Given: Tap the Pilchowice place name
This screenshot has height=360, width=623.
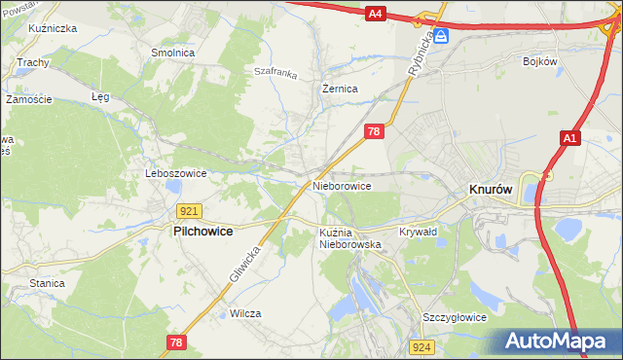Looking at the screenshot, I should pos(207,232).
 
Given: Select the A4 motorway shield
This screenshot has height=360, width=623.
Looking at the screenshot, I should pos(377,14).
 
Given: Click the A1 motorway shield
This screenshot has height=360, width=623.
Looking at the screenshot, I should pos(571,140).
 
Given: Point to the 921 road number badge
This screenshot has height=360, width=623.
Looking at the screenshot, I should pos(190,210).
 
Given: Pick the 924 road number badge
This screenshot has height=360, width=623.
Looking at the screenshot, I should pos(421,346).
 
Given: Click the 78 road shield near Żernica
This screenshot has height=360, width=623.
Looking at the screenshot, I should pos(374,130).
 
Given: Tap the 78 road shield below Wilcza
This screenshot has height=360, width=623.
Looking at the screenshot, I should pos(175,342).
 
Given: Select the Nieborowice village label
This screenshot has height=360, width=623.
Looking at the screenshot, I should pos(342,185).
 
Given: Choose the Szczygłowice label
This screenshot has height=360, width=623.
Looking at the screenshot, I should pos(454,317).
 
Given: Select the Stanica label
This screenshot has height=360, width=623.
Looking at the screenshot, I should pos(47,283).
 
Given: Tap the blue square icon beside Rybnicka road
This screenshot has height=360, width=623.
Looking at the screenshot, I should pos(441,36).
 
